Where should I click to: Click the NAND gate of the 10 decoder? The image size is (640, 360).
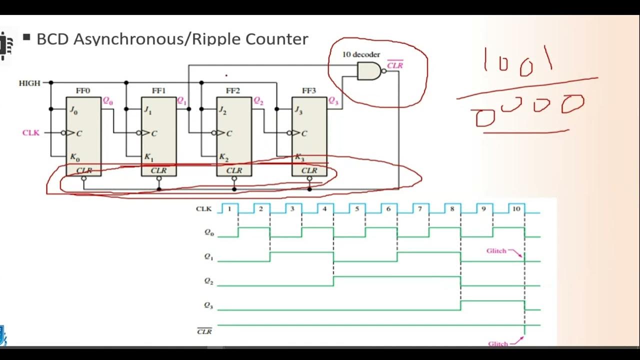(x=369, y=72)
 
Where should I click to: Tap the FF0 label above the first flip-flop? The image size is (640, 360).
(x=83, y=90)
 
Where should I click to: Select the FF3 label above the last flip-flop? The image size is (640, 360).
(x=309, y=90)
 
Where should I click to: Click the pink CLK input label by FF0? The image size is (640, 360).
(x=30, y=133)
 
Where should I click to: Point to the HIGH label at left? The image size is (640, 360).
(x=29, y=83)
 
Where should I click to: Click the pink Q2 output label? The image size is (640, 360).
(x=258, y=101)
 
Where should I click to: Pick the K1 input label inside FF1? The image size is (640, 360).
(x=148, y=157)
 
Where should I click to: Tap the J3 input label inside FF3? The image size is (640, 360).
(x=298, y=109)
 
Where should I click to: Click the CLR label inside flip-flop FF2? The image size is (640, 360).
(x=234, y=170)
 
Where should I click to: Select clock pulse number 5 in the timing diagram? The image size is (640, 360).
(x=357, y=208)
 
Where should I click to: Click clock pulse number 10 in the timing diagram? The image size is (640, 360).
(x=516, y=208)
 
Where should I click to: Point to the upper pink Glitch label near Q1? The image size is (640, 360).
(x=496, y=251)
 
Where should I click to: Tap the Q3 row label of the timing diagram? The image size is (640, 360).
(x=208, y=305)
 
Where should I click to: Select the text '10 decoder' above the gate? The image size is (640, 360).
(x=361, y=54)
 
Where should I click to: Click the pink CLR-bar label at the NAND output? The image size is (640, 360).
(x=395, y=65)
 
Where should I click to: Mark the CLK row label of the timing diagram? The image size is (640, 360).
(x=203, y=209)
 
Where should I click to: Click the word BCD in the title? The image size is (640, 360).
(x=53, y=39)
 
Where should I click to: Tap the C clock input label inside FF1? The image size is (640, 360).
(x=154, y=133)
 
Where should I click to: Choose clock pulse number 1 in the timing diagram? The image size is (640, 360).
(x=229, y=208)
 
